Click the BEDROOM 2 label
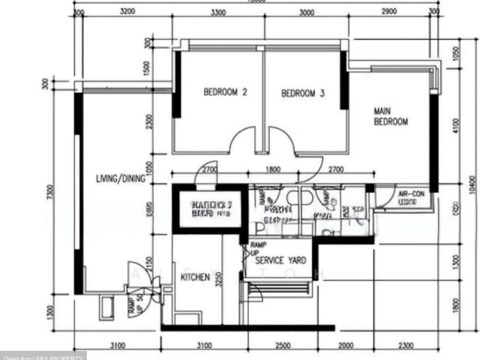(225, 93)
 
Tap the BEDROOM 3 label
(303, 94)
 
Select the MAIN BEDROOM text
(390, 116)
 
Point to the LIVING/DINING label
(120, 178)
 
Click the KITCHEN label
(195, 277)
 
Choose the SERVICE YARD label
(280, 260)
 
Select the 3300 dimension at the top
(218, 13)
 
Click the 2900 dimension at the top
(388, 13)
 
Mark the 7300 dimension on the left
(50, 193)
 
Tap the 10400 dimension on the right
(472, 184)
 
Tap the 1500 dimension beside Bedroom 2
(148, 68)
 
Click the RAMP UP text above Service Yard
(257, 248)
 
